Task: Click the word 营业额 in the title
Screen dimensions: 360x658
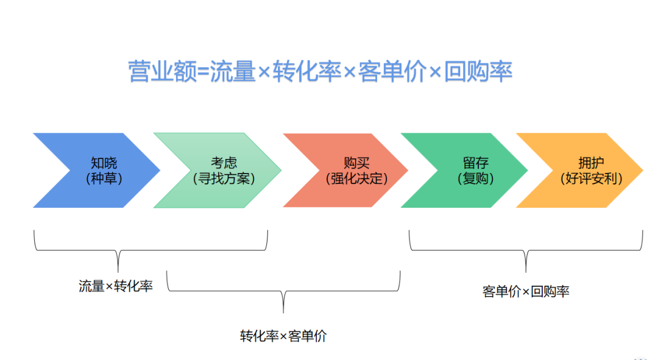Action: [x=162, y=72]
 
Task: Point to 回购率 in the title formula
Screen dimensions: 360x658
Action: [x=478, y=72]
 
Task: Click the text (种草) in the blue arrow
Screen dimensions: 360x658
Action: [x=104, y=179]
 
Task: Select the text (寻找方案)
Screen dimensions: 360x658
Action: [x=224, y=179]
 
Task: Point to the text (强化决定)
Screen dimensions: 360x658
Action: [x=356, y=179]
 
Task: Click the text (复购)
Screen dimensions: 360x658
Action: [x=475, y=179]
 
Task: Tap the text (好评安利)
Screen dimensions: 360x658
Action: [x=591, y=179]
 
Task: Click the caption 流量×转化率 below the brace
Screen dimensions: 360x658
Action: [x=116, y=286]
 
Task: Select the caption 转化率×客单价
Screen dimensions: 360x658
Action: [x=283, y=336]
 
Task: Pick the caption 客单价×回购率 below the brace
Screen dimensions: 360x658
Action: [x=526, y=291]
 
